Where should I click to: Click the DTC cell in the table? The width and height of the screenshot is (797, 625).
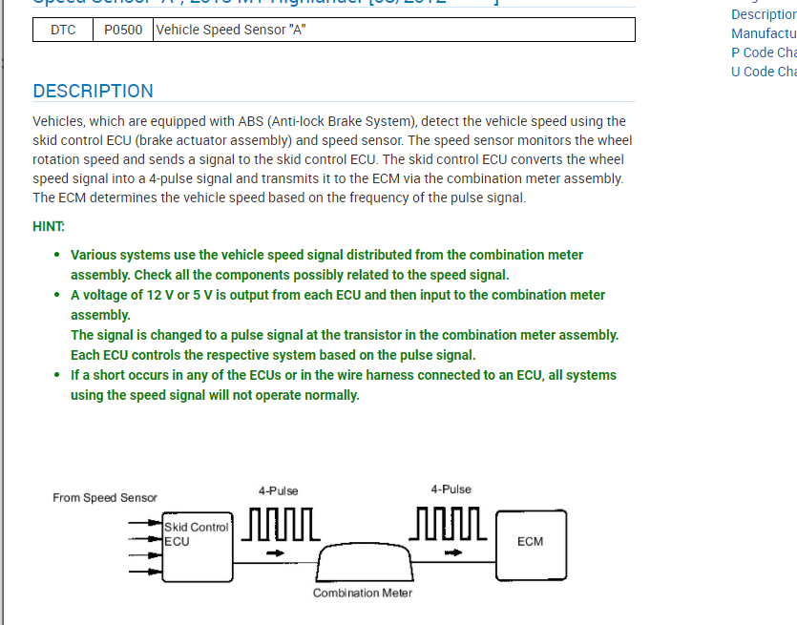point(63,30)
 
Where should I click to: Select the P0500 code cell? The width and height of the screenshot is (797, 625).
point(123,30)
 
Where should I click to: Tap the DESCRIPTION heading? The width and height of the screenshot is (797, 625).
point(93,92)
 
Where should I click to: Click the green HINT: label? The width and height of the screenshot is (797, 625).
point(49,226)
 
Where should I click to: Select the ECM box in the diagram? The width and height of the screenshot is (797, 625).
point(530,542)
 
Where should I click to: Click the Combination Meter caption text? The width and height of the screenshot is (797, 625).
point(363,594)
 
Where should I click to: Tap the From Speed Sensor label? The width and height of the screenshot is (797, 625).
point(105,497)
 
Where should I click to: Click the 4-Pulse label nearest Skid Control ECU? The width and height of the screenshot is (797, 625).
point(278,490)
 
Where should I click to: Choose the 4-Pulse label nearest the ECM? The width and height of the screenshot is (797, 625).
point(451,490)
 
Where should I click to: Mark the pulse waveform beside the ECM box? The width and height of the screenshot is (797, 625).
point(451,525)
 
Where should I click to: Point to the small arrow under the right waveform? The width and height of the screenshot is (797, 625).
point(451,552)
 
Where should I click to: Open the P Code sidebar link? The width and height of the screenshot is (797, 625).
point(764,52)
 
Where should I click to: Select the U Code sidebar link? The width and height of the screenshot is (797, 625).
point(764,72)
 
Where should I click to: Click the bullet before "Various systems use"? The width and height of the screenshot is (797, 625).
point(57,255)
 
